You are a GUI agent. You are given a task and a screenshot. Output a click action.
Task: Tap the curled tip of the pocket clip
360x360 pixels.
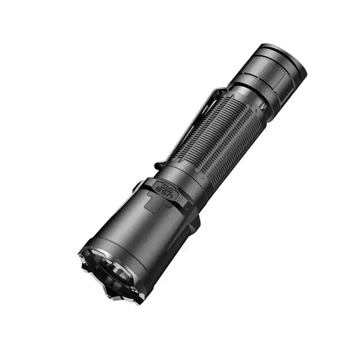[x=160, y=164]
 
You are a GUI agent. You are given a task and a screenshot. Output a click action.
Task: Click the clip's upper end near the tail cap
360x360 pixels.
[x=223, y=92]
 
